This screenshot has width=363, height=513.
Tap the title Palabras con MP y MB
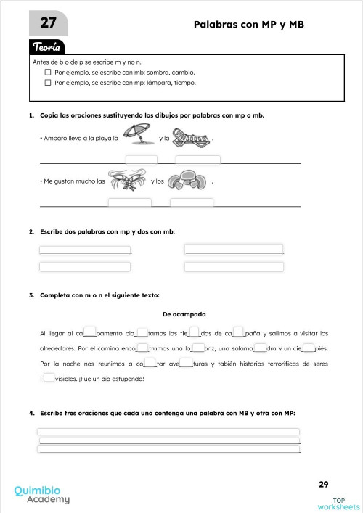(x=248, y=25)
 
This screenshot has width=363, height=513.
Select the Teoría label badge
(x=49, y=47)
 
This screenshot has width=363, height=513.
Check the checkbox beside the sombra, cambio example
(x=48, y=73)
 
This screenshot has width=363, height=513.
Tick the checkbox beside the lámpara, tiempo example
(x=48, y=83)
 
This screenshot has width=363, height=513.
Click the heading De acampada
(x=184, y=314)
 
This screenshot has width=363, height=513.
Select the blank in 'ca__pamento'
(x=90, y=333)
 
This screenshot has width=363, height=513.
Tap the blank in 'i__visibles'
(x=49, y=378)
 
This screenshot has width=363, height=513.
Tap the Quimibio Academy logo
(x=42, y=494)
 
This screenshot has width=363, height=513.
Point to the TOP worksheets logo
(x=338, y=502)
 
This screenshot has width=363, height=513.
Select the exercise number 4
(x=32, y=413)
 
